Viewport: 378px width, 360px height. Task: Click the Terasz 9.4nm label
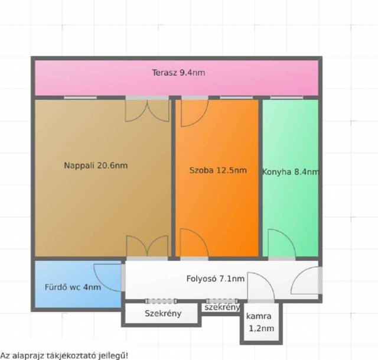point(178,72)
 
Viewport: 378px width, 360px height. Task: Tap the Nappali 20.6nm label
point(96,166)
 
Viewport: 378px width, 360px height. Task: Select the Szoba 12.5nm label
point(218,170)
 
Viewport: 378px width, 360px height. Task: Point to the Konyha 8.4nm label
point(291,172)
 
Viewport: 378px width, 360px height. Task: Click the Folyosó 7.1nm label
point(215,278)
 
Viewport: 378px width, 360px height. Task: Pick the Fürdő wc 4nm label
point(73,287)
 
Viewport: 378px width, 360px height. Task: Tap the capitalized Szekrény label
point(163,313)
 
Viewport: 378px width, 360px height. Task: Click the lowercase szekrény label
point(222,307)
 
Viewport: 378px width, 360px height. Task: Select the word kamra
point(259,316)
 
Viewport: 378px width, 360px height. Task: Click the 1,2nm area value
point(261,329)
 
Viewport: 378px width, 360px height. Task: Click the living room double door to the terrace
point(147,111)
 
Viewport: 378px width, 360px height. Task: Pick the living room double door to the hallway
point(147,246)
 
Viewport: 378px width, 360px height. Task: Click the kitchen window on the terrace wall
point(286,98)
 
